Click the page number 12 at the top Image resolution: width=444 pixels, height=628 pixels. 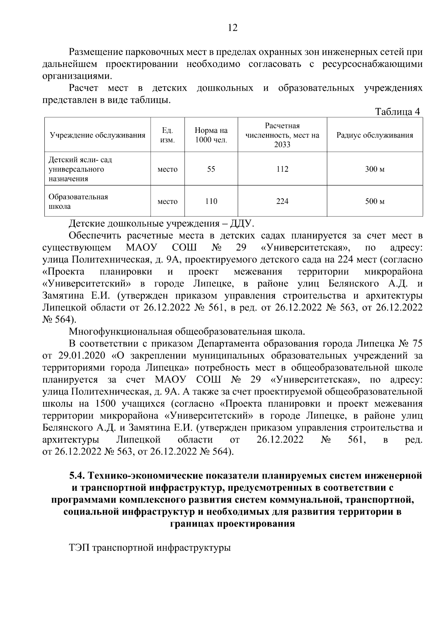[x=233, y=28]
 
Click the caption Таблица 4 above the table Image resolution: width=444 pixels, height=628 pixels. [x=397, y=112]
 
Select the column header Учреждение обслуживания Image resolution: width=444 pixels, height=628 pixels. [x=98, y=135]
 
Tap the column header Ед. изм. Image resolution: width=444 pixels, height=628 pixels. [x=168, y=135]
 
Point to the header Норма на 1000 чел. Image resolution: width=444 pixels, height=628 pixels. [x=211, y=135]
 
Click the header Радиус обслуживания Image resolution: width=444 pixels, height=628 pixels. [x=374, y=135]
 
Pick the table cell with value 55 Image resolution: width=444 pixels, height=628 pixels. [x=211, y=169]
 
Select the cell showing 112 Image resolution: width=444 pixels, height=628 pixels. [x=282, y=169]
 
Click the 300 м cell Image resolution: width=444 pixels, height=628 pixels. [x=374, y=169]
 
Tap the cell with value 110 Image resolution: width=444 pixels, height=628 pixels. [x=211, y=201]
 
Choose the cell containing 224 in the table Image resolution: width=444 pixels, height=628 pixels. [x=282, y=201]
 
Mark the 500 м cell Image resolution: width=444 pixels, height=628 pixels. [x=374, y=201]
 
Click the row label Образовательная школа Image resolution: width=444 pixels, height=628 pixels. [x=78, y=201]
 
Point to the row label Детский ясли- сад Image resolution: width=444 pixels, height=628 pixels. [x=80, y=160]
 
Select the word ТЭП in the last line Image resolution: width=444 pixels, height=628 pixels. [x=79, y=547]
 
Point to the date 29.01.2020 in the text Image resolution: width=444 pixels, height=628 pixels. [x=81, y=356]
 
